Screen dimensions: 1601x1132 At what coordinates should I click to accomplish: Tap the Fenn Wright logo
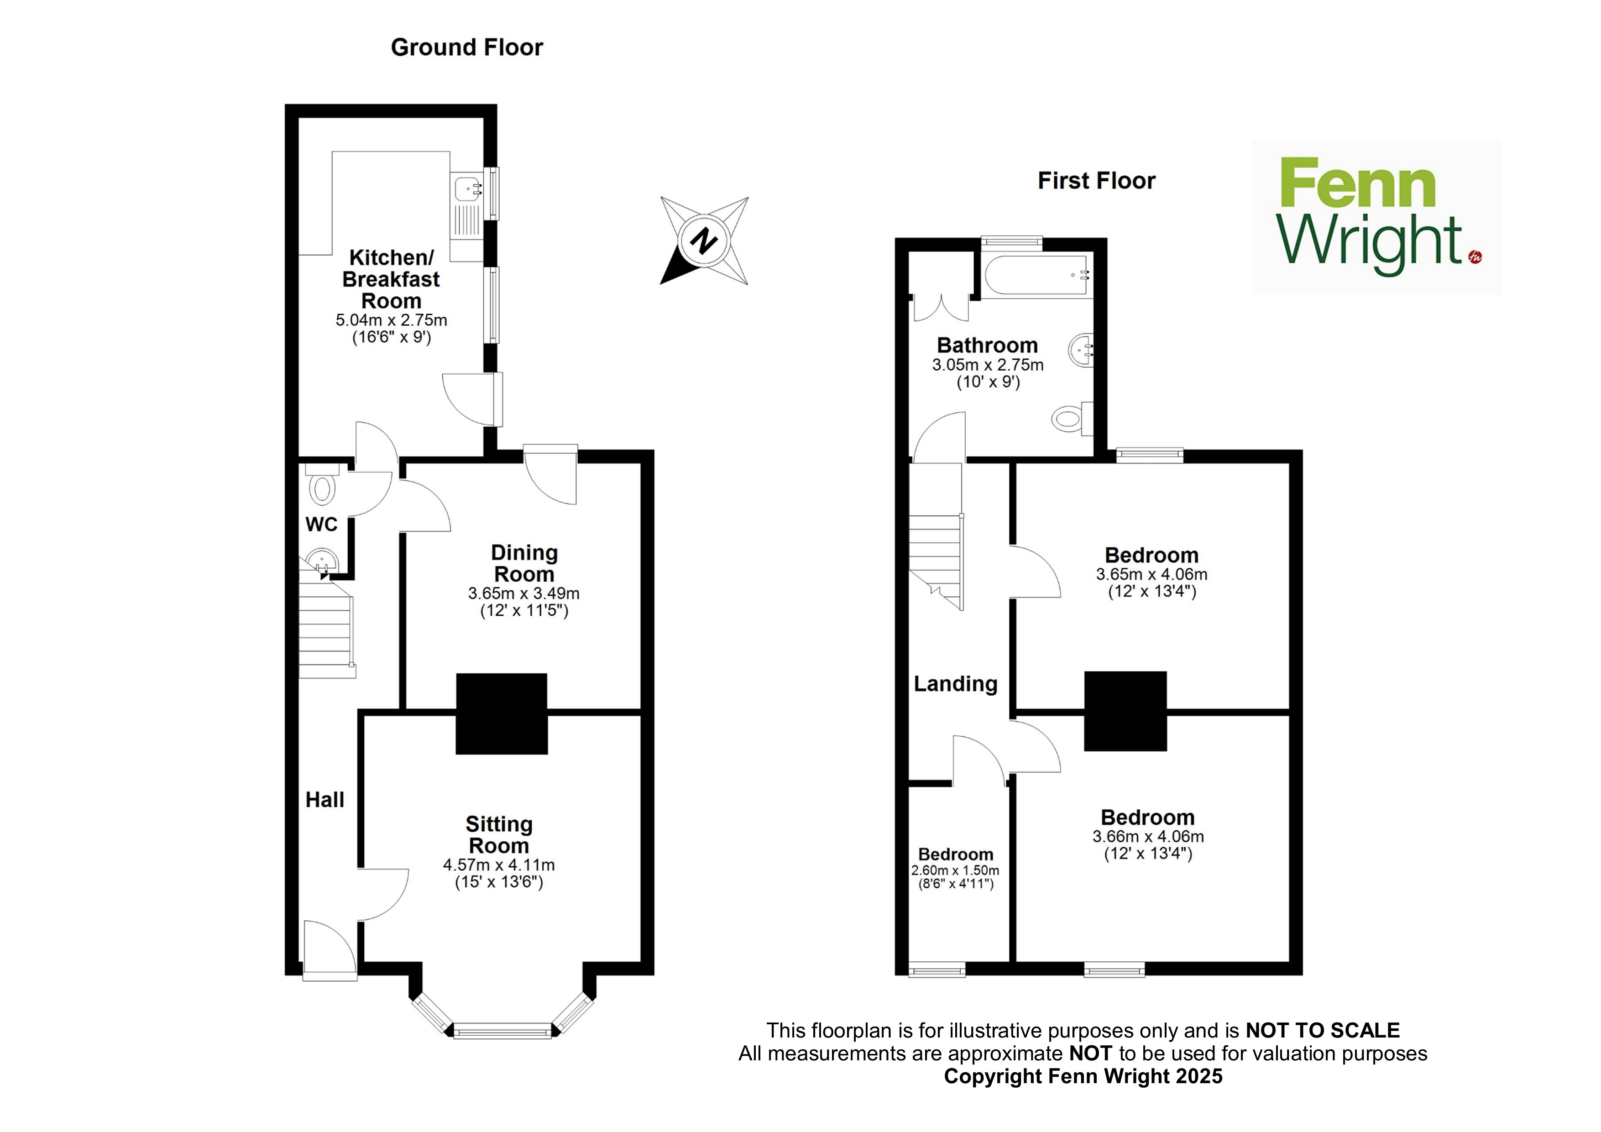1377,216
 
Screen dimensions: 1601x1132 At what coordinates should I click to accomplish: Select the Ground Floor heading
466,47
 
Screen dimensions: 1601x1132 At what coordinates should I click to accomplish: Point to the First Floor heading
1096,181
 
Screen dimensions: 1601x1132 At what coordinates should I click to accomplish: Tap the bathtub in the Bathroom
1037,276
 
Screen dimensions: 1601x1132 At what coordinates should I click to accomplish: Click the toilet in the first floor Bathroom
1072,419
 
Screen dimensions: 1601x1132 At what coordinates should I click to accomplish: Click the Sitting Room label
499,835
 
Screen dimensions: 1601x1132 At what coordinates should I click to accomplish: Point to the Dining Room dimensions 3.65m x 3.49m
523,593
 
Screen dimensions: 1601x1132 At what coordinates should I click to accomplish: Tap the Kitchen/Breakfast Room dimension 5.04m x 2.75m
391,320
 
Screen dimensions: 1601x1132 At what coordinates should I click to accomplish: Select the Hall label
325,800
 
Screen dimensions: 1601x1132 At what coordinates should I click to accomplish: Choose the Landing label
955,684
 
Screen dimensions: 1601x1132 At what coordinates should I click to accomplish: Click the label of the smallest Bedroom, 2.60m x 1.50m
955,854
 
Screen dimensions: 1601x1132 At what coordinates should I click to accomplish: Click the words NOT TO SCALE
1323,1031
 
